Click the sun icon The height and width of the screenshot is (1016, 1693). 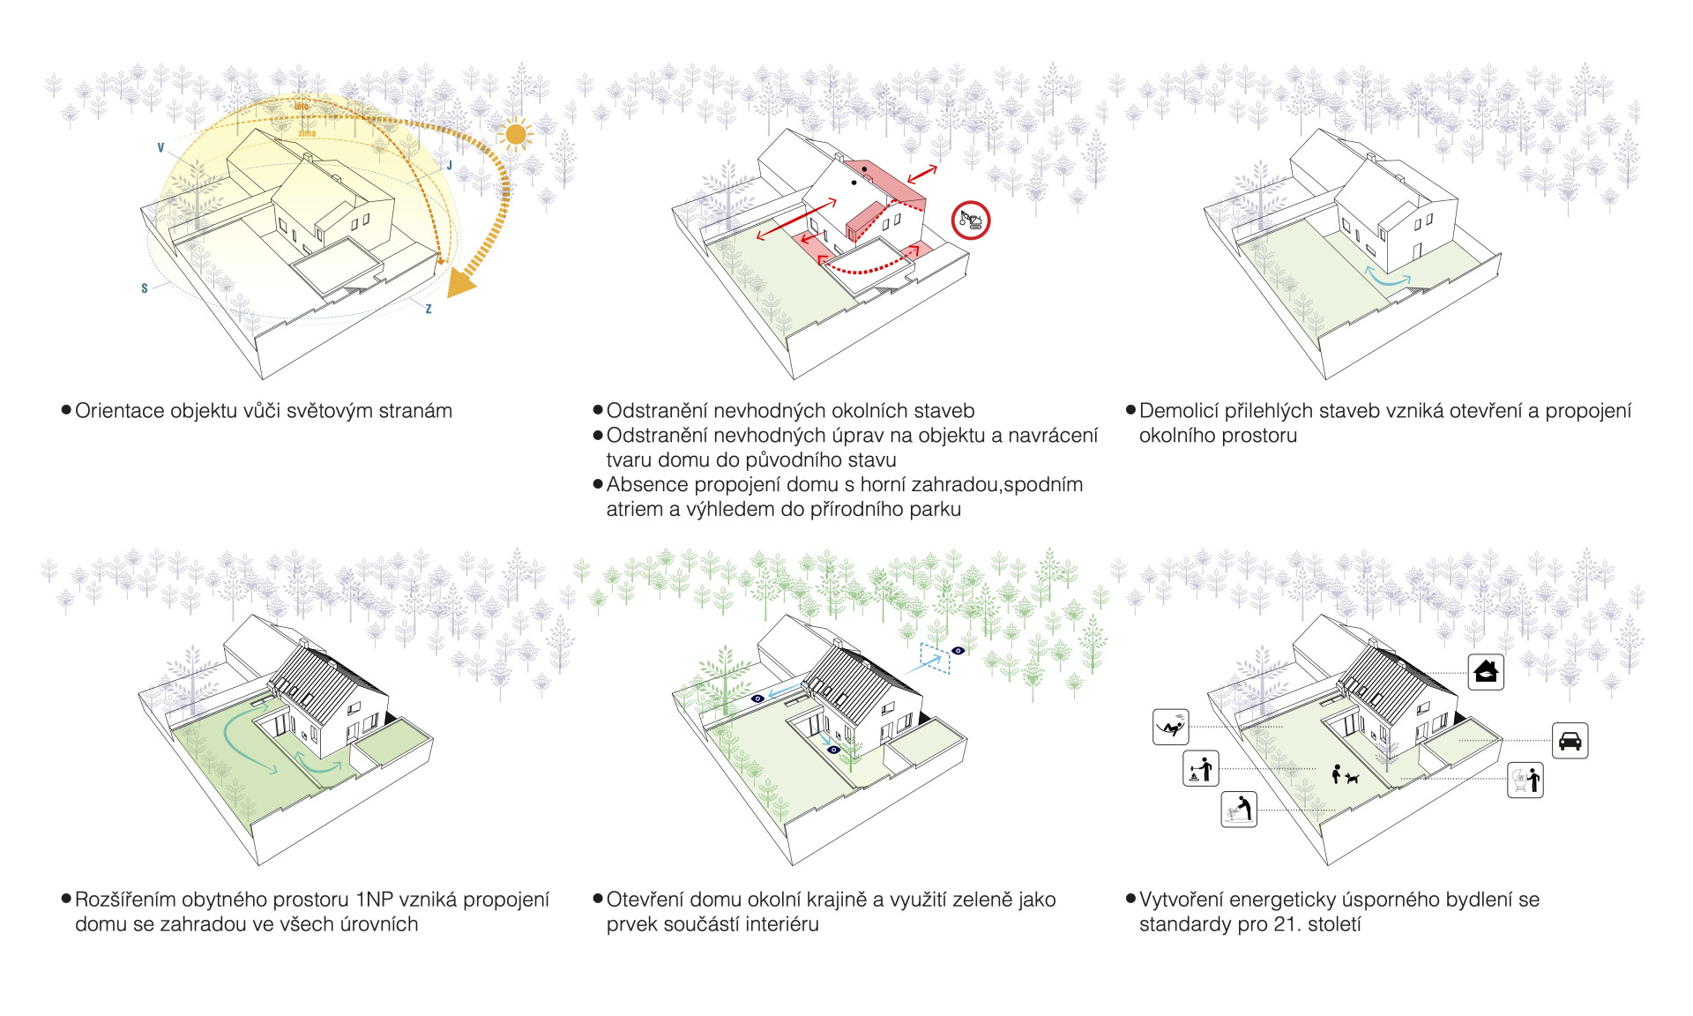coord(515,135)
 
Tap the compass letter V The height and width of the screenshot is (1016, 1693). coord(160,148)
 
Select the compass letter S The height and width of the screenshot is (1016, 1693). coord(145,288)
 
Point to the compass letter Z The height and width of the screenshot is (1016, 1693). coord(429,309)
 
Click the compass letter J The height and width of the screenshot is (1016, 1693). coord(450,166)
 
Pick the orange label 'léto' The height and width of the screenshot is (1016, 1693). coord(302,107)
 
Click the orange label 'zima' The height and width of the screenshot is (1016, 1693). coord(307,133)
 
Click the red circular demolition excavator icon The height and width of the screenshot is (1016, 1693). coord(971,220)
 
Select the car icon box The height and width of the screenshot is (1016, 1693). coord(1570,741)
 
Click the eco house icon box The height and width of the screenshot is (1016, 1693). coord(1486,672)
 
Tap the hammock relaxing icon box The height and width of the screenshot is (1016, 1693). coord(1171,728)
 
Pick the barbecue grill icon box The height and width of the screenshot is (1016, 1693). coord(1525,780)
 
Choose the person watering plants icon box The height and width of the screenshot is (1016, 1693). coord(1239,809)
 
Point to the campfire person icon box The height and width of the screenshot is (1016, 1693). coord(1200,768)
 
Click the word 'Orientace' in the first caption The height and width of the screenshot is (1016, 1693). coord(119,411)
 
